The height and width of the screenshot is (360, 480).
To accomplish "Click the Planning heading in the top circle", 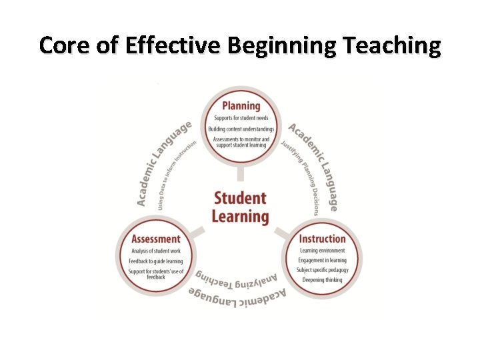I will click(x=241, y=105).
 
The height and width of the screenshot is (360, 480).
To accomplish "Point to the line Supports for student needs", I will click(x=241, y=118).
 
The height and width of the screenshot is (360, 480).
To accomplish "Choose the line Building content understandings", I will click(x=241, y=129).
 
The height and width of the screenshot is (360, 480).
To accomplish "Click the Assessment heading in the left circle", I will click(x=156, y=239).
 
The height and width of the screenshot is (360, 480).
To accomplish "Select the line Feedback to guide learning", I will click(x=156, y=261).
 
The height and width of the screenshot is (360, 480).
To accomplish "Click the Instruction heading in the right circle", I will click(x=322, y=239).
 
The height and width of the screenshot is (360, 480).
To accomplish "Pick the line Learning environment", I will click(x=322, y=251).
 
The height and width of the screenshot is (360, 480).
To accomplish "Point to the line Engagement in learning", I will click(x=322, y=260).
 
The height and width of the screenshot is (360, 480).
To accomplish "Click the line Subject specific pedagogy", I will click(x=322, y=270).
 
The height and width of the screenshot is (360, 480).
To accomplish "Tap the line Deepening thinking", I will click(x=322, y=280).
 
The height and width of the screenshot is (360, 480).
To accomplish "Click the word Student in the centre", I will click(x=240, y=198).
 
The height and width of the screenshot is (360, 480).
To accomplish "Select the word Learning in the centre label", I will click(x=240, y=216).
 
